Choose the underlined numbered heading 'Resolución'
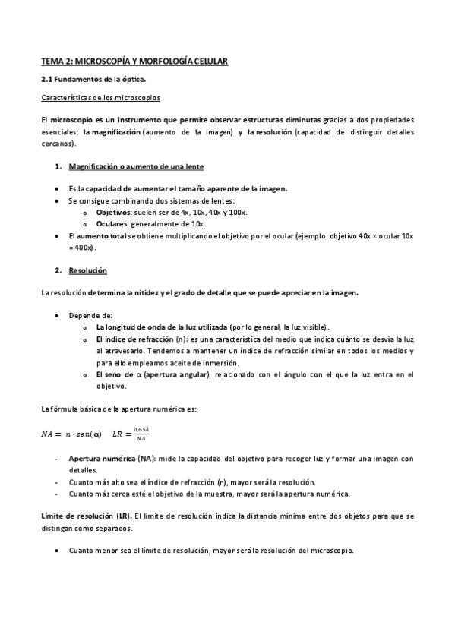[x=87, y=271]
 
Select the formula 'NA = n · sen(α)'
[x=71, y=434]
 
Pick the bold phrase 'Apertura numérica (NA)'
[x=112, y=459]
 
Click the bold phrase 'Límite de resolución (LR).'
[x=87, y=516]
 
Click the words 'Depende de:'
[x=90, y=314]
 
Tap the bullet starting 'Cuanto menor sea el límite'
[x=210, y=550]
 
